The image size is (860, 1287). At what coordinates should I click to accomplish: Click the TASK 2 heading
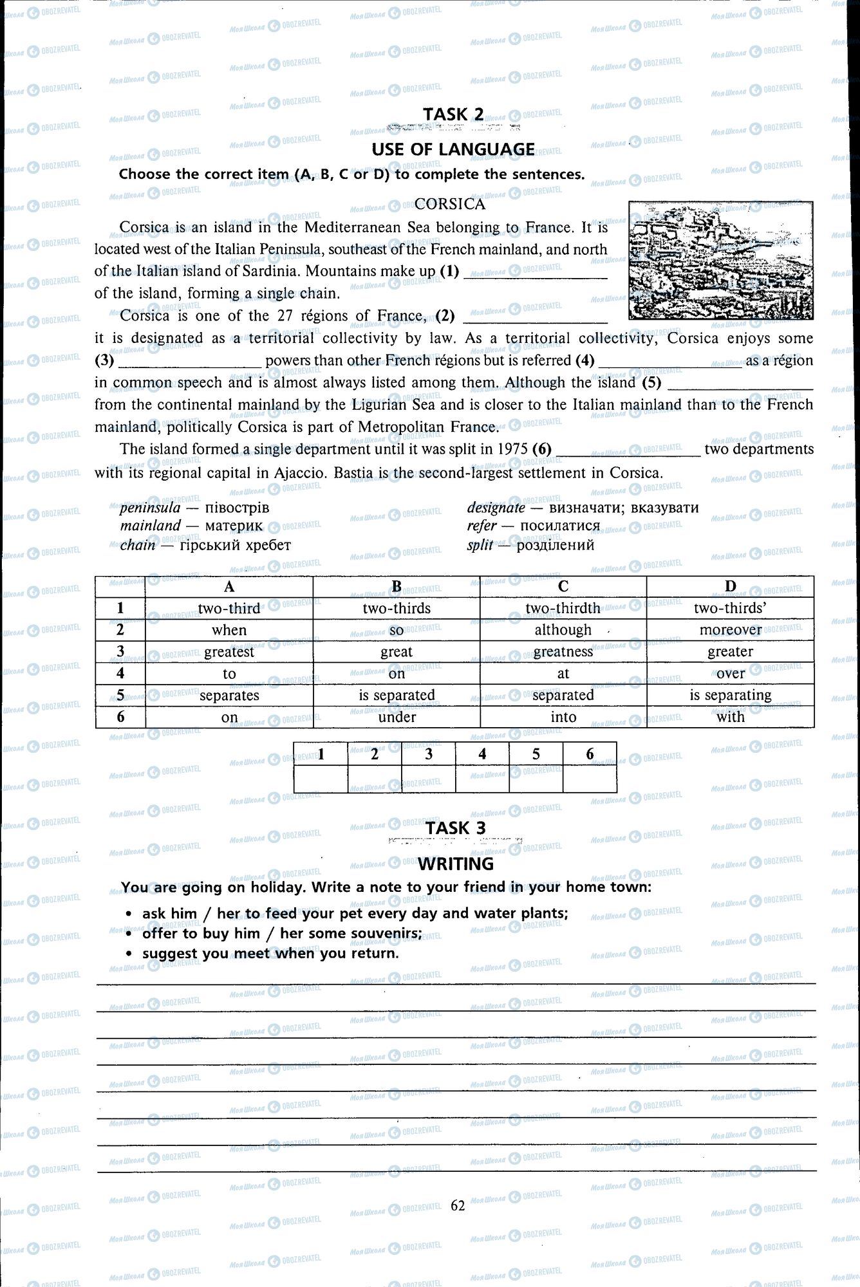pos(453,114)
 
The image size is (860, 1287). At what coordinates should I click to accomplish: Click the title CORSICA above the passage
pos(449,204)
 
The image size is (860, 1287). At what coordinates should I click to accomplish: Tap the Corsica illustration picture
pos(720,260)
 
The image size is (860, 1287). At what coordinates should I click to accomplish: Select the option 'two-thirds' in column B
pos(397,608)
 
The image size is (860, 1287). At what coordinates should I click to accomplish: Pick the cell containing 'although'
pos(563,630)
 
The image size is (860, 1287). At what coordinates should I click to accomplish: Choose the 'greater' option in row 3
pos(730,652)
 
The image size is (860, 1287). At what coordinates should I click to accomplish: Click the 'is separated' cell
pos(397,695)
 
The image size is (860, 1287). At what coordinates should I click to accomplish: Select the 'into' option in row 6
pos(563,717)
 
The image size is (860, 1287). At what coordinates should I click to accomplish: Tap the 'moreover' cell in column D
pos(730,630)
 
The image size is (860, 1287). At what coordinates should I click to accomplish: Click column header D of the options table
pos(730,586)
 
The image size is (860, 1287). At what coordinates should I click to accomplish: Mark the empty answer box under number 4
pos(482,779)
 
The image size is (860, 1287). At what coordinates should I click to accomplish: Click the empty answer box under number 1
pos(321,779)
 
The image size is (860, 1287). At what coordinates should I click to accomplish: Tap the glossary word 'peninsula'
pos(150,508)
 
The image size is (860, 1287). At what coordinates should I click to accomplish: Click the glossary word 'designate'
pos(496,508)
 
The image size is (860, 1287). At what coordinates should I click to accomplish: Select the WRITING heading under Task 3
pos(456,864)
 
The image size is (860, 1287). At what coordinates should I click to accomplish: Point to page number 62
pos(458,1205)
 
